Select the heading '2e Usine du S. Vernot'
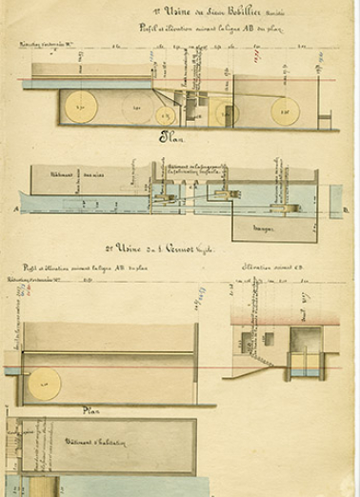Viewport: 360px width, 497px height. (x=187, y=246)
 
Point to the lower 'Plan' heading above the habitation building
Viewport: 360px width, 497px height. (x=92, y=410)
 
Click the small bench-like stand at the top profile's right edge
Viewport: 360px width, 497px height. (x=326, y=119)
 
